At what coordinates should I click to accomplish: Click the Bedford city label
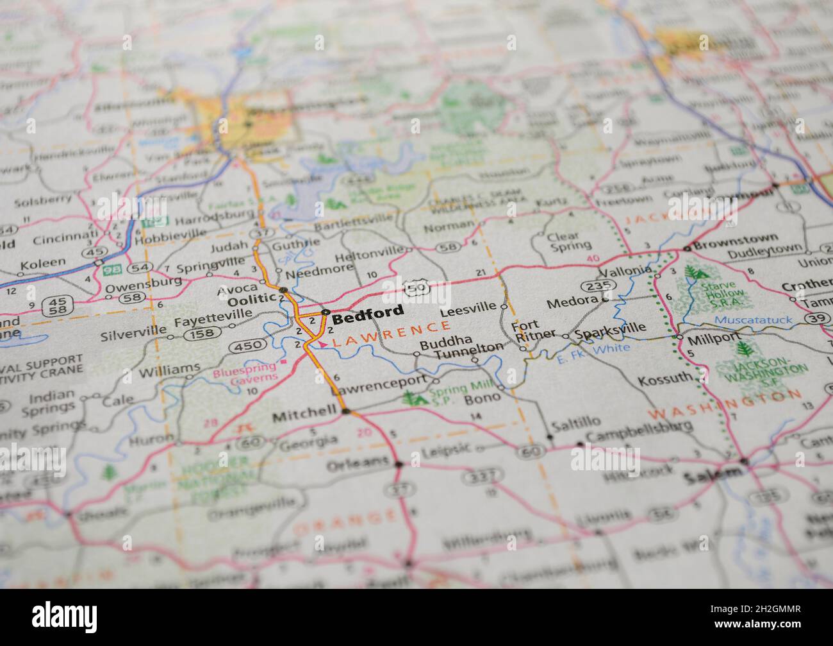tap(368, 312)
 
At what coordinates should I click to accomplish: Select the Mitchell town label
tap(304, 416)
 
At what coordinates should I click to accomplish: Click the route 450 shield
tap(248, 346)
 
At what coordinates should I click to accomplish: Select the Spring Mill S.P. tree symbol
tap(416, 398)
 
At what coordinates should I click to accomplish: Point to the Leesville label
tap(468, 307)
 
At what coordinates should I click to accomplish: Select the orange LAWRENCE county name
tap(392, 334)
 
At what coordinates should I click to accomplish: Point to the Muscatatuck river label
tap(753, 319)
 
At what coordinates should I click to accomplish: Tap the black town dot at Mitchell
tap(346, 411)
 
